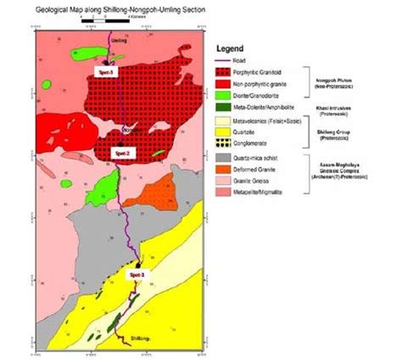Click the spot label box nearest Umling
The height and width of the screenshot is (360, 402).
pyautogui.click(x=106, y=72)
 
